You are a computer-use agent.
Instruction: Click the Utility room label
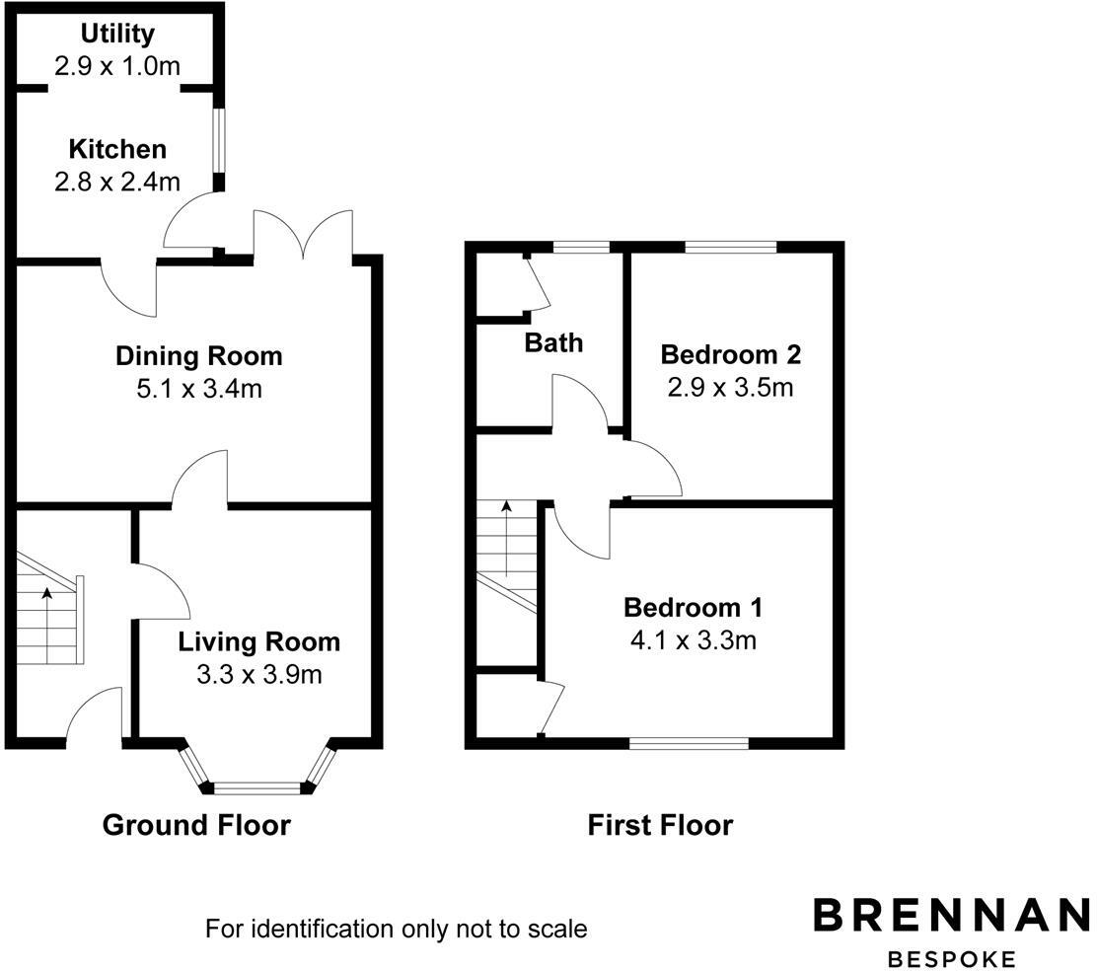(x=117, y=34)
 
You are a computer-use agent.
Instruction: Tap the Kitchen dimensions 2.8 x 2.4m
(x=117, y=182)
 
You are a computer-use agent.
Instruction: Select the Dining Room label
(x=198, y=355)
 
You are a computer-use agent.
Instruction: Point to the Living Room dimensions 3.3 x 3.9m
(x=258, y=675)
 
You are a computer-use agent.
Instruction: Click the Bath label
(x=553, y=342)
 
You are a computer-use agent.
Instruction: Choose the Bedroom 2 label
(x=730, y=353)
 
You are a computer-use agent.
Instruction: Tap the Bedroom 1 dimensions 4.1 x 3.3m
(x=693, y=640)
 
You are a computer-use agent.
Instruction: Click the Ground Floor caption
(x=196, y=825)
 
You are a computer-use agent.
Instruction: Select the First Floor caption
(x=660, y=825)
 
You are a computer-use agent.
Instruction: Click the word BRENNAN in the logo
(x=951, y=915)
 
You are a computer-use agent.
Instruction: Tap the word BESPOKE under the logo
(x=951, y=958)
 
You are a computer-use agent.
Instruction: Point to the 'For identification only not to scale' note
(x=396, y=929)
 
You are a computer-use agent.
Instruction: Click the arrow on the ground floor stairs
(x=46, y=594)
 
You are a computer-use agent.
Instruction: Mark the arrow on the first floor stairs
(x=506, y=508)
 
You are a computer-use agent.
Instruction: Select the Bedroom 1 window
(x=689, y=743)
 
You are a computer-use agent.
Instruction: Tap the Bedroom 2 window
(x=731, y=247)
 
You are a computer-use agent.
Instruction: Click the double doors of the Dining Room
(x=304, y=237)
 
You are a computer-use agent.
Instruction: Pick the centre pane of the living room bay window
(x=256, y=787)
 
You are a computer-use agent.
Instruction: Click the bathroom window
(x=581, y=247)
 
